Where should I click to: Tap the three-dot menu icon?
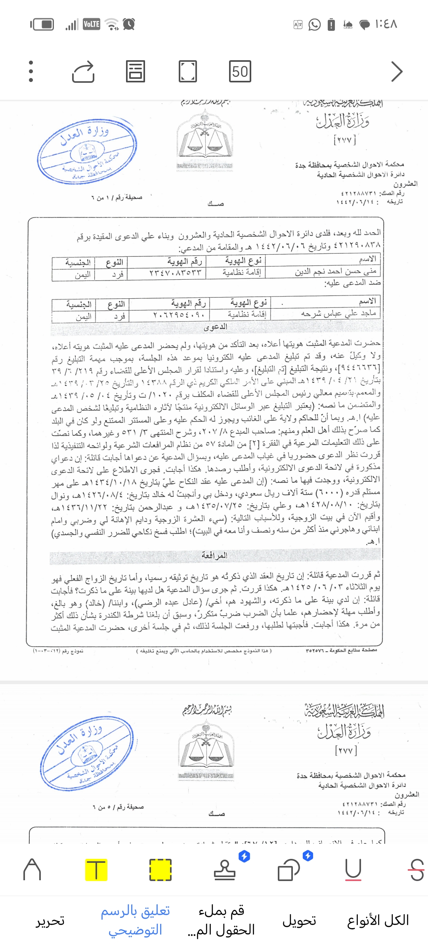coord(31,71)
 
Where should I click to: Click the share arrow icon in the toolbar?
coord(83,72)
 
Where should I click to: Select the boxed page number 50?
coord(240,71)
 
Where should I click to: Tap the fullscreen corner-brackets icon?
coord(187,71)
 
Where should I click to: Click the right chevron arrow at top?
coord(396,71)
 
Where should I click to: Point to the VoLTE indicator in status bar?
coord(92,24)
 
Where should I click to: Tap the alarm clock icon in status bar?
coord(129,24)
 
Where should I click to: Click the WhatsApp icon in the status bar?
coord(314,25)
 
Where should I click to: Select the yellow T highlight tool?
coord(96,870)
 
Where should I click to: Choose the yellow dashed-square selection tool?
coord(160,870)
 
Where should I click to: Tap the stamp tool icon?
coord(225,870)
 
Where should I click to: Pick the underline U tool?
coord(353,870)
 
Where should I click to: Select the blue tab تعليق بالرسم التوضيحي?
coord(136,920)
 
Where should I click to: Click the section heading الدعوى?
coord(215,327)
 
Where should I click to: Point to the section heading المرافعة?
coord(214,555)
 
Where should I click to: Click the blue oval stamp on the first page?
coord(87,151)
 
